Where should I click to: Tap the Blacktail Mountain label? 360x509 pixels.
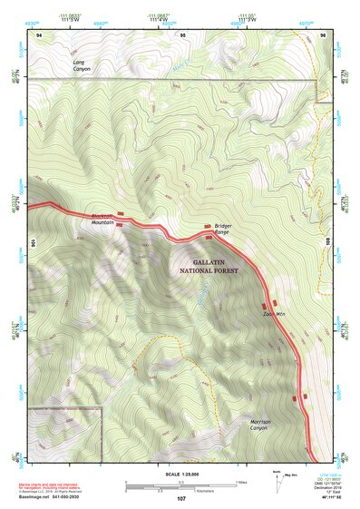point(103,220)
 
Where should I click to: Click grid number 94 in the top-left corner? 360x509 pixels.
point(39,34)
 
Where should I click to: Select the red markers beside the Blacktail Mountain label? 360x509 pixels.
point(120,214)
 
